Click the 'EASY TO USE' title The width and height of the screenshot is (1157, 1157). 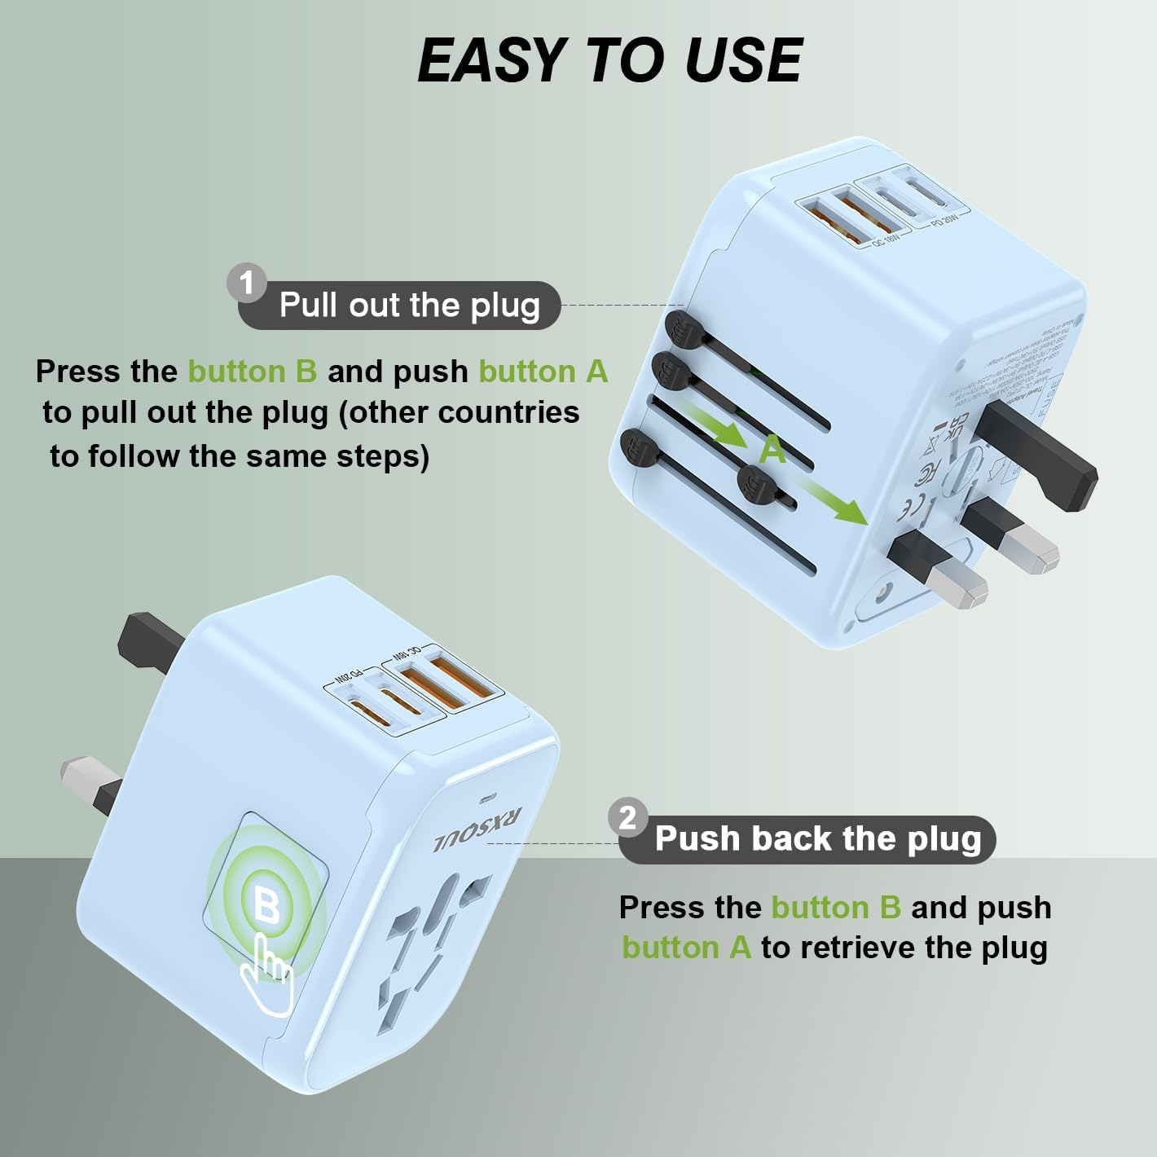click(609, 61)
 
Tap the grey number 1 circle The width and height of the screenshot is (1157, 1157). click(247, 284)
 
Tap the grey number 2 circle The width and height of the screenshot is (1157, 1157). click(627, 817)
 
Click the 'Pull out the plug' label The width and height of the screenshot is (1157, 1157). click(409, 306)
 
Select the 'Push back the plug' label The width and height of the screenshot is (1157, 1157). click(817, 839)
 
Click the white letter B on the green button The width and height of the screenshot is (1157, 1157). click(266, 905)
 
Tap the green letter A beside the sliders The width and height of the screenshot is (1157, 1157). click(772, 449)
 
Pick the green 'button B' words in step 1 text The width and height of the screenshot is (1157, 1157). click(252, 372)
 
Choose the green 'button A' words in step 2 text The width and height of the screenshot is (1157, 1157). click(686, 948)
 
